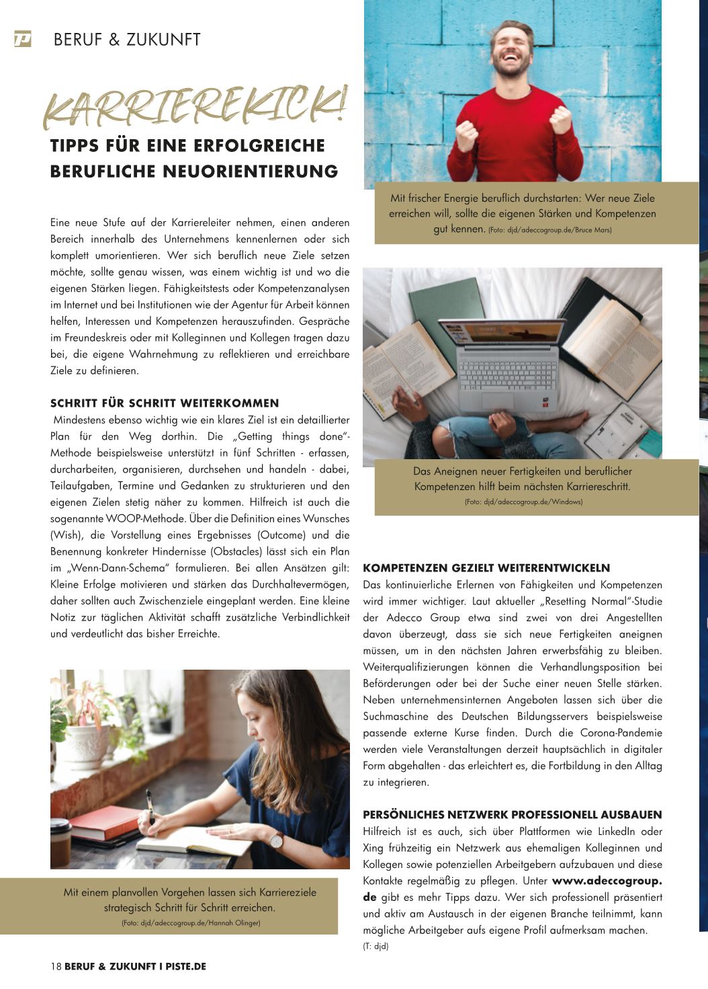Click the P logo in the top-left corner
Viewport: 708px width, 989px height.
coord(22,40)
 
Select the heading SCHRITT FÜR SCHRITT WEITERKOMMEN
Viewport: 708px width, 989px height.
coord(165,403)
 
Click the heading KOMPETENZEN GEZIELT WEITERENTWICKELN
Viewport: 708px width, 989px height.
coord(486,568)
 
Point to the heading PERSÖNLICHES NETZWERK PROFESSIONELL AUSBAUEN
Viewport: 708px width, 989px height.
coord(512,815)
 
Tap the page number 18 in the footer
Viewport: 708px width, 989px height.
coord(56,966)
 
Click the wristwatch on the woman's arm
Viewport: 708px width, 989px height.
coord(276,838)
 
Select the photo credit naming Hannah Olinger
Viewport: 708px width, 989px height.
coord(191,923)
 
